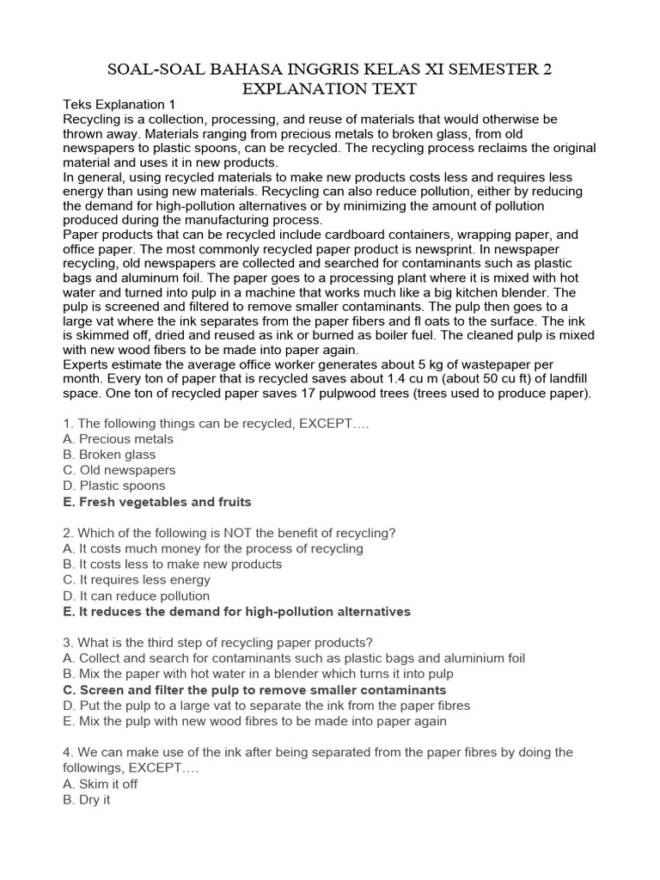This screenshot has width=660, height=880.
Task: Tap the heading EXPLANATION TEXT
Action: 330,89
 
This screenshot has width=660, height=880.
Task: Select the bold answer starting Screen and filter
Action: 254,690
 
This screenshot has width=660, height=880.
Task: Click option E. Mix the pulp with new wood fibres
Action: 254,721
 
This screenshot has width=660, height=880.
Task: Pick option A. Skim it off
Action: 101,784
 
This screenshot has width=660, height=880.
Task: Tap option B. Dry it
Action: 87,799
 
